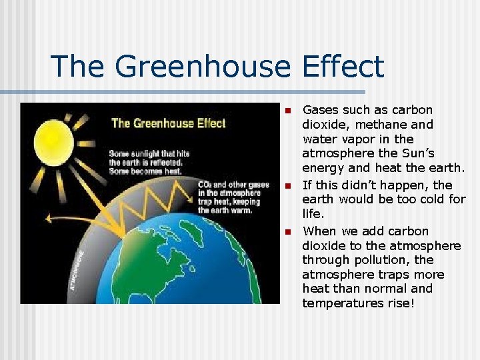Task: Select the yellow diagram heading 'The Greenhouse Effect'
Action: (x=168, y=123)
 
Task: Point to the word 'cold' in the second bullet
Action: (x=426, y=199)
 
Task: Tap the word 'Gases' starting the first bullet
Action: (x=321, y=110)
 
